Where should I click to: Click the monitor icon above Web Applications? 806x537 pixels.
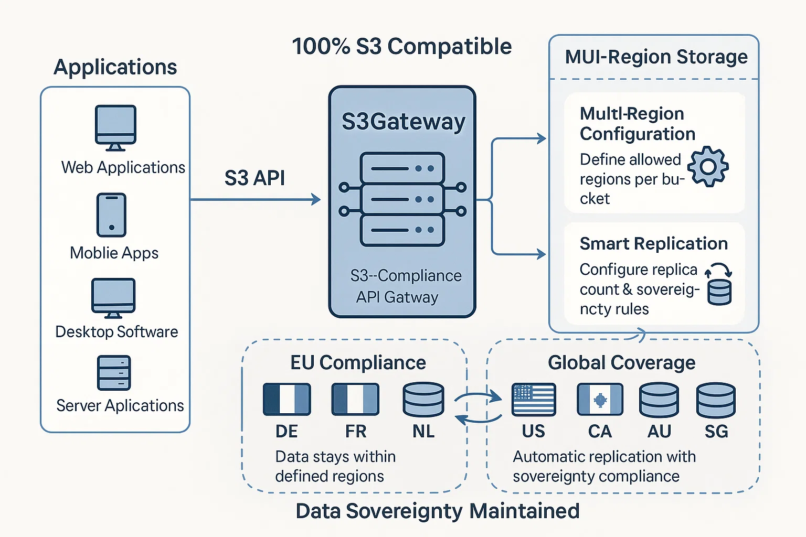pos(115,127)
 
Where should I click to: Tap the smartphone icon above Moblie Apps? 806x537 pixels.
pos(111,215)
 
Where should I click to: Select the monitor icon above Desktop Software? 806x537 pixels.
pos(113,298)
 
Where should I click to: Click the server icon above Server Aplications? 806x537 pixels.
pos(114,373)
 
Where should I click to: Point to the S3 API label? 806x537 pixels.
pos(254,178)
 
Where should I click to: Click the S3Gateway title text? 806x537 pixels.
pos(403,122)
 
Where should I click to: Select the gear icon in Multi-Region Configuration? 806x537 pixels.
pos(708,167)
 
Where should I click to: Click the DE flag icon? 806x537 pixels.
pos(287,399)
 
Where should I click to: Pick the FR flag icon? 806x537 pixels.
pos(355,399)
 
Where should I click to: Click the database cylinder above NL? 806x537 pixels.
pos(423,400)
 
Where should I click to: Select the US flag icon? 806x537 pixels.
pos(534,400)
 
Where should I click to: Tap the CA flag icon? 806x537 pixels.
pos(600,400)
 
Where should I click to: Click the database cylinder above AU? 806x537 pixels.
pos(659,400)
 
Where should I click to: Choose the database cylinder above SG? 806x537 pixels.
pos(716,400)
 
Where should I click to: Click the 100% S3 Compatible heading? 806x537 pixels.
pos(402,47)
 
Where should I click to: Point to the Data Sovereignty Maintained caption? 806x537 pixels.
pos(438,511)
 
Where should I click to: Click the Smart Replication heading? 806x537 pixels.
pos(653,244)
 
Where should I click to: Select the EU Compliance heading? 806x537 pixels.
pos(358,363)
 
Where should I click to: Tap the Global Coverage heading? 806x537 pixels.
pos(621,363)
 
